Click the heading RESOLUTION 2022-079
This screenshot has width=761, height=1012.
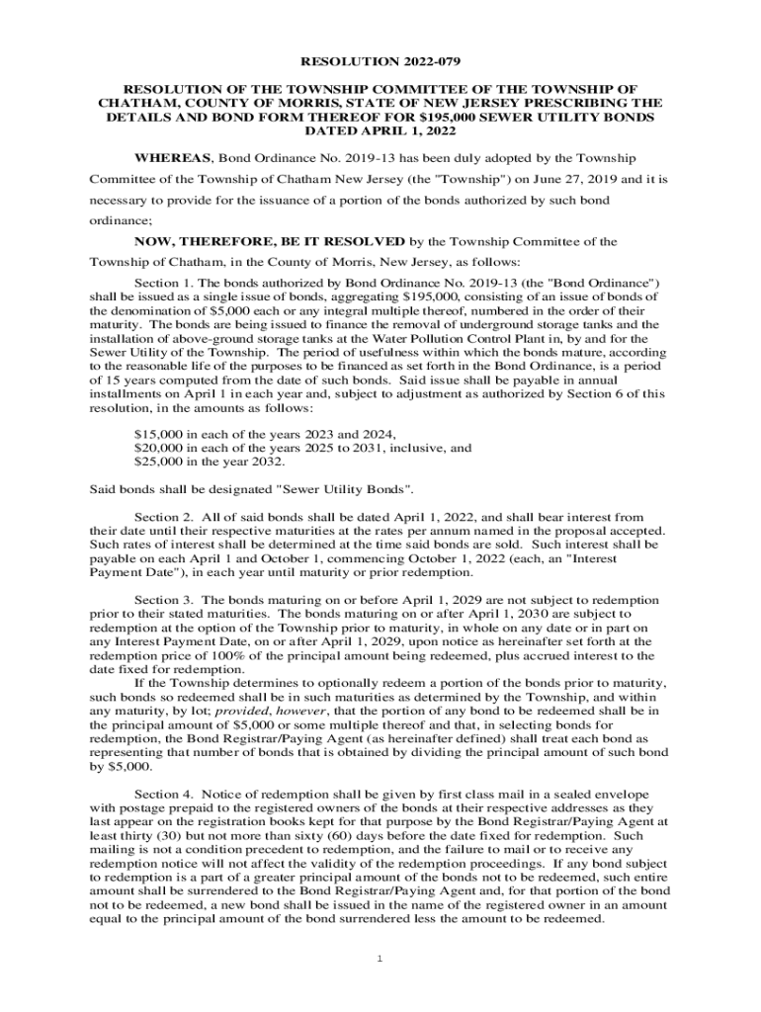coord(380,58)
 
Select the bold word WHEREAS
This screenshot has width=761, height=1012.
coord(172,158)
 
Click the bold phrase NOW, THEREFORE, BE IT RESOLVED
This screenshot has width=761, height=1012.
coord(269,241)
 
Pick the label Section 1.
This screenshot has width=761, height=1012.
coord(164,283)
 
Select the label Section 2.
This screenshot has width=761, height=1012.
coord(164,517)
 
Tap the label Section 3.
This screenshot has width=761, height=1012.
coord(164,600)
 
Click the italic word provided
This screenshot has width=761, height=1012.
coord(243,712)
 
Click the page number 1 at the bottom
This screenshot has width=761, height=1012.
coord(380,960)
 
